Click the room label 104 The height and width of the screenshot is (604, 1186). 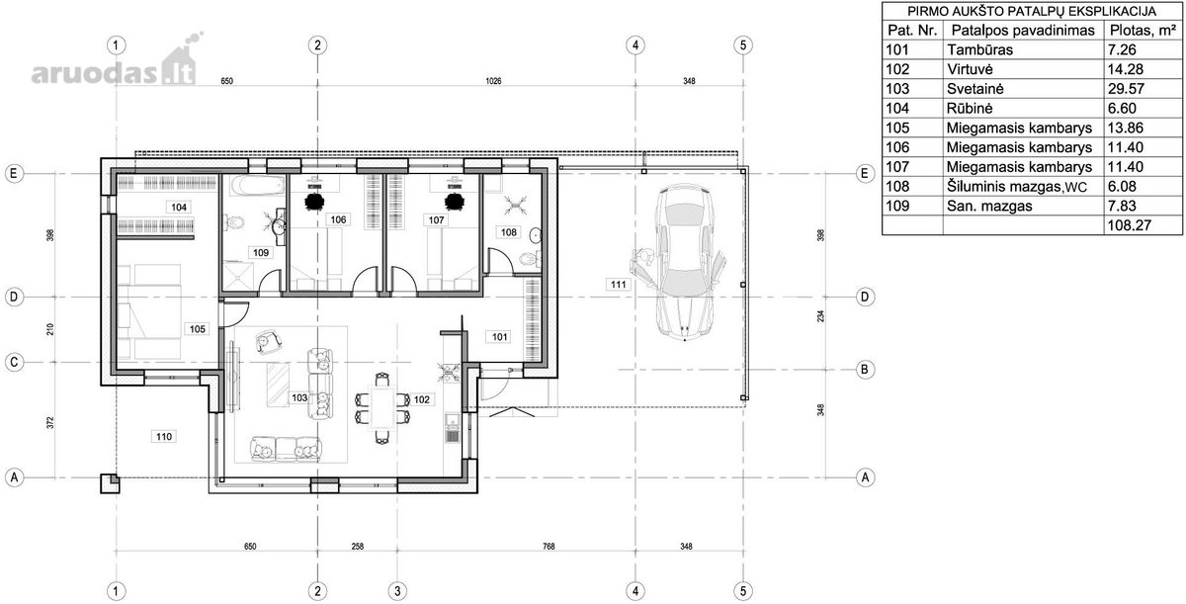tap(179, 207)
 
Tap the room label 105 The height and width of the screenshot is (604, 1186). tap(197, 329)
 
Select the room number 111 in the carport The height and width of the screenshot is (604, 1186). tap(618, 285)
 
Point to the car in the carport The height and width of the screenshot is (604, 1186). tap(683, 262)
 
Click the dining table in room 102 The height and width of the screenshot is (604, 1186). tap(382, 407)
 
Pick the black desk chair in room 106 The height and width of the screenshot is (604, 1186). tap(315, 202)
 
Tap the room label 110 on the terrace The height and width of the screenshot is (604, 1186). tap(164, 436)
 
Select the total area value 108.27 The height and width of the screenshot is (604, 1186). tap(1129, 225)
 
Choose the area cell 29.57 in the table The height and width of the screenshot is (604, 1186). tap(1126, 89)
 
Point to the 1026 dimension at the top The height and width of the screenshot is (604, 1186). tap(493, 81)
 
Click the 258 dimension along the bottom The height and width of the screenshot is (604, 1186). tap(358, 547)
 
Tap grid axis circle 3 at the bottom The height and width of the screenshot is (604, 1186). tap(397, 591)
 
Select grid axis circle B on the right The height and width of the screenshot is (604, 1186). tap(865, 370)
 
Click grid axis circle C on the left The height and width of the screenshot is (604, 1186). tap(14, 362)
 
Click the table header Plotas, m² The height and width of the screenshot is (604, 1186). tap(1143, 31)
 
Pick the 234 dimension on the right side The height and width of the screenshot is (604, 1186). tap(820, 316)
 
